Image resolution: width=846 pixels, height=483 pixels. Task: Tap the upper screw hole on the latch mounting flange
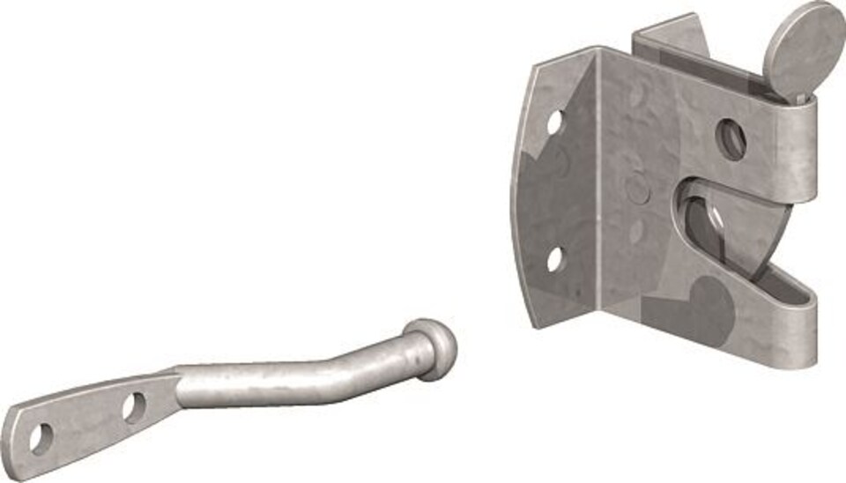(554, 122)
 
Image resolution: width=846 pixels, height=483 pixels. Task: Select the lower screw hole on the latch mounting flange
(554, 259)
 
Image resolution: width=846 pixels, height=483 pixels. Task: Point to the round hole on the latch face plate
(731, 138)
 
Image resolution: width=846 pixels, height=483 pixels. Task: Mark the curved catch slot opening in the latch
(705, 220)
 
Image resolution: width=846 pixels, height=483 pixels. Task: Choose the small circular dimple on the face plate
(636, 187)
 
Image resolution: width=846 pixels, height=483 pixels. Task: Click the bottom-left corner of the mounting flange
(532, 324)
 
